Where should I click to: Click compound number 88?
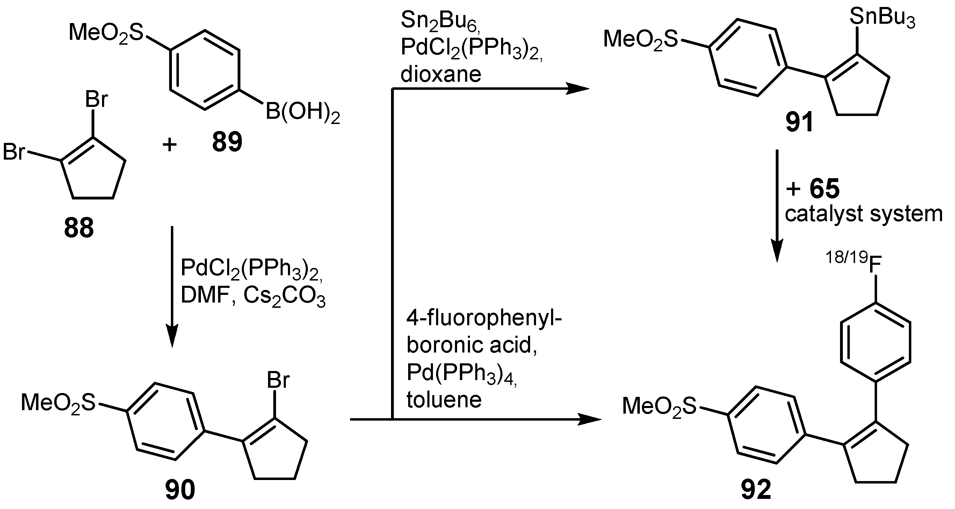click(x=79, y=228)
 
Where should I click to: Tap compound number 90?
click(x=180, y=489)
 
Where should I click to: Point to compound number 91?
click(x=799, y=122)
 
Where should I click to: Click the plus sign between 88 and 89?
click(x=169, y=144)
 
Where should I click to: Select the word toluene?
click(x=444, y=400)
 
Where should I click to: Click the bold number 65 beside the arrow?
click(x=825, y=188)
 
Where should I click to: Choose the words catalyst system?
click(x=863, y=214)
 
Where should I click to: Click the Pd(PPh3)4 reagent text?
click(x=461, y=372)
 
